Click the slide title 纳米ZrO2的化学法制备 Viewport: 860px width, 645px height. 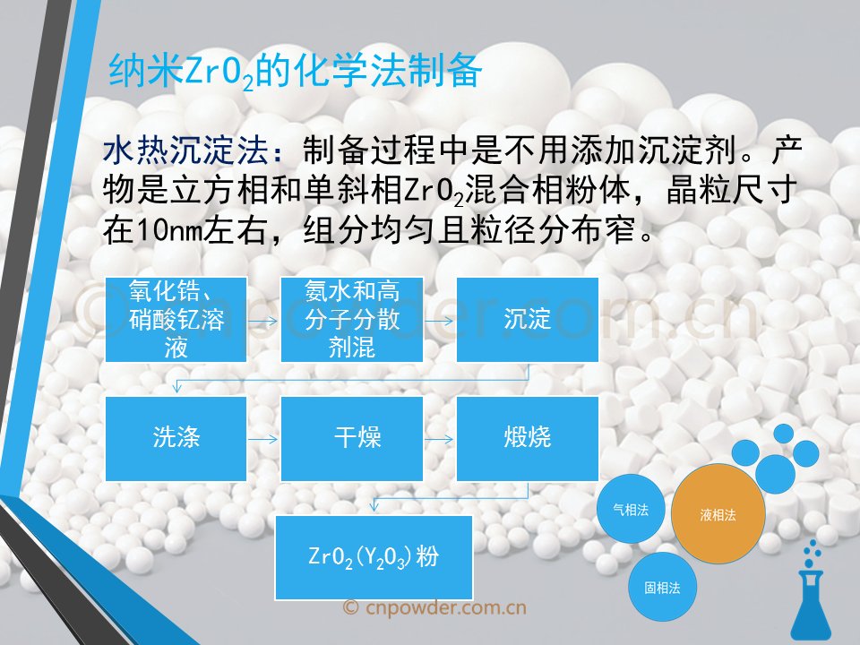pyautogui.click(x=295, y=72)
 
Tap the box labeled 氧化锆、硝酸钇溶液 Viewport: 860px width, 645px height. pyautogui.click(x=176, y=320)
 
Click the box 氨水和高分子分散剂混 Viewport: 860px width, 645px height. pyautogui.click(x=351, y=320)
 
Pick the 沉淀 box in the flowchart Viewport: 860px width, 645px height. pyautogui.click(x=527, y=320)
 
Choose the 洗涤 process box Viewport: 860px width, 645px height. pyautogui.click(x=176, y=439)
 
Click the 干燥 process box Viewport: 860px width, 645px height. pyautogui.click(x=351, y=439)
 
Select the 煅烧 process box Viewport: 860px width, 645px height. pyautogui.click(x=527, y=439)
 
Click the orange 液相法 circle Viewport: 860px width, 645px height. pyautogui.click(x=718, y=514)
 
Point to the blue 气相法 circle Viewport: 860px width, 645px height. pyautogui.click(x=631, y=510)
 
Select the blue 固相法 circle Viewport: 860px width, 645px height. pyautogui.click(x=662, y=588)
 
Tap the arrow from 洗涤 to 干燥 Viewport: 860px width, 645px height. pyautogui.click(x=263, y=439)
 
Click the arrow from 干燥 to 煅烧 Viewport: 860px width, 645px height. pyautogui.click(x=439, y=439)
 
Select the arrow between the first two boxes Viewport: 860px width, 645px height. pyautogui.click(x=263, y=321)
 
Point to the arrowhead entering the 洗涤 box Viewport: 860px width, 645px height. pyautogui.click(x=176, y=388)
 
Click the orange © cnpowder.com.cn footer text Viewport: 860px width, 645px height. pyautogui.click(x=434, y=607)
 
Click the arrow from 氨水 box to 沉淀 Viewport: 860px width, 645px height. pyautogui.click(x=439, y=321)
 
